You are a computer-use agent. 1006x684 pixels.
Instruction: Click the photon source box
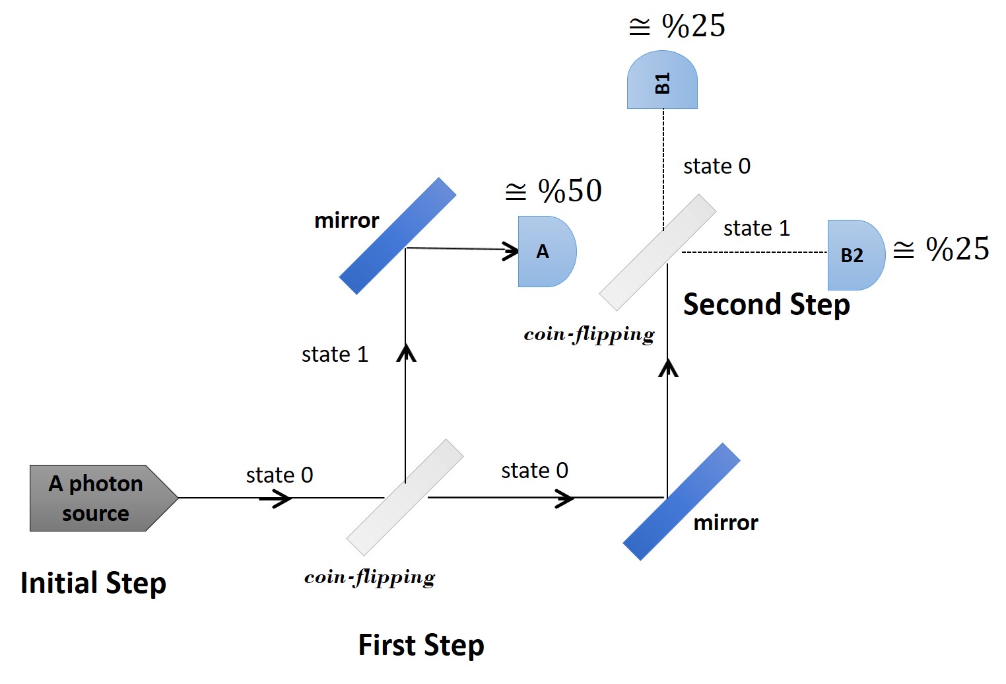[x=103, y=498]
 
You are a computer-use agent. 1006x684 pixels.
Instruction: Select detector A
[x=547, y=252]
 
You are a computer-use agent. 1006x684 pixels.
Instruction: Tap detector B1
[x=662, y=80]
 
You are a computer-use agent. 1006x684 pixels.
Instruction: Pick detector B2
[x=856, y=255]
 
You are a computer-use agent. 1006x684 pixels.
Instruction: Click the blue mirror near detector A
[x=397, y=236]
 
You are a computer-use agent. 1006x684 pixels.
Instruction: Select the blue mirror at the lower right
[x=681, y=502]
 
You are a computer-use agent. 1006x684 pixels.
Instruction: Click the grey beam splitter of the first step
[x=405, y=498]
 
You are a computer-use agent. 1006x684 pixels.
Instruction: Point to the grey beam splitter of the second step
[x=657, y=252]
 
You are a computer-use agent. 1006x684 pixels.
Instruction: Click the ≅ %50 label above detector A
[x=553, y=191]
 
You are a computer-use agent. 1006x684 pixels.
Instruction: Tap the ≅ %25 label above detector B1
[x=677, y=26]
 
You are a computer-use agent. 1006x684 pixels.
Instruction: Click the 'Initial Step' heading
[x=94, y=584]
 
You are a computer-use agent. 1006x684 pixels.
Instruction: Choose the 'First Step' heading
[x=421, y=645]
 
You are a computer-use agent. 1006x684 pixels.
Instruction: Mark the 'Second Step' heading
[x=766, y=305]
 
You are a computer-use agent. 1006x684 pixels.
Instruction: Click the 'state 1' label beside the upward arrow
[x=335, y=355]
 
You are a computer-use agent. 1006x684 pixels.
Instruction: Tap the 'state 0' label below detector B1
[x=718, y=166]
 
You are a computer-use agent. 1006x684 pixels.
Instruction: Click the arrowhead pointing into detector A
[x=511, y=251]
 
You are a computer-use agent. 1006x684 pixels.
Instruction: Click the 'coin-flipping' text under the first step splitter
[x=370, y=578]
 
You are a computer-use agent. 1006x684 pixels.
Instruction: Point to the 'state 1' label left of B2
[x=756, y=228]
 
